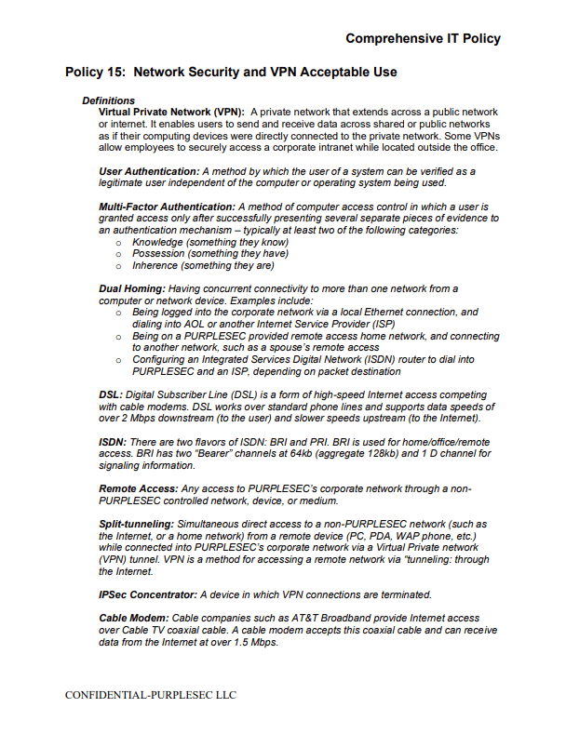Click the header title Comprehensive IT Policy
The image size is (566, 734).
(423, 38)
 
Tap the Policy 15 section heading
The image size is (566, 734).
(231, 72)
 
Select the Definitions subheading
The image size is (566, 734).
(108, 100)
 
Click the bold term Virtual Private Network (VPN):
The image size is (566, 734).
(171, 112)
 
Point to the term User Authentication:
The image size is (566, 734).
(149, 171)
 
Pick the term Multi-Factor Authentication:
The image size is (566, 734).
(167, 206)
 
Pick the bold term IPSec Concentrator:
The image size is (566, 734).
(147, 594)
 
